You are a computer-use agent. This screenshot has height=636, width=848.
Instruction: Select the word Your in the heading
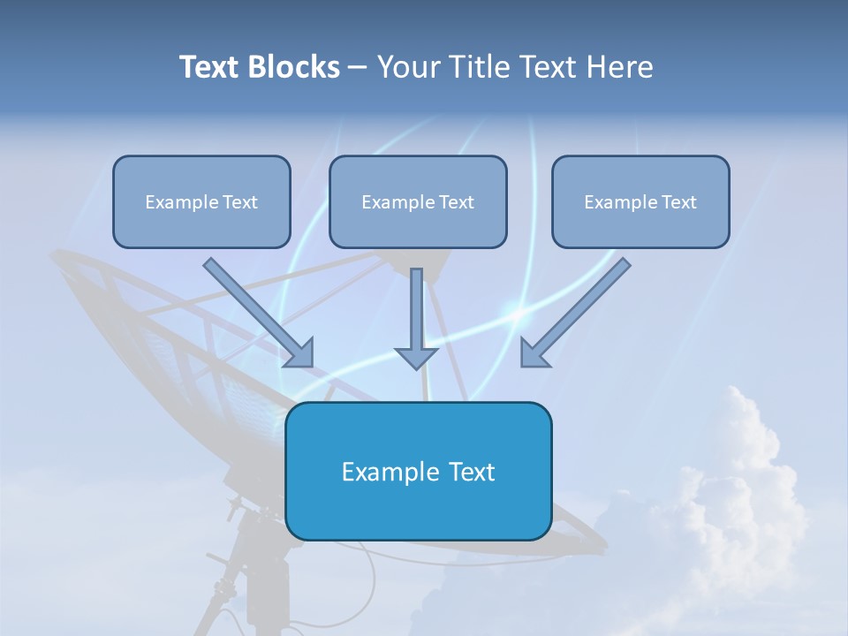pos(408,67)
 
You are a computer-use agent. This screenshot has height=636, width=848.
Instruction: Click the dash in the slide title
pos(358,68)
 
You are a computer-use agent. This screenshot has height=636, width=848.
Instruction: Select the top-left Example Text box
pos(201,201)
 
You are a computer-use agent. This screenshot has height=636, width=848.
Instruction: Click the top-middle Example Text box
pos(418,201)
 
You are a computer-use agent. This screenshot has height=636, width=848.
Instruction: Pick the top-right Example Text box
pos(640,201)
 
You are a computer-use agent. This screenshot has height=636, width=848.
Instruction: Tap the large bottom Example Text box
pos(418,471)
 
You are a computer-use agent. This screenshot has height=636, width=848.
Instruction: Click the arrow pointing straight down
pos(416,318)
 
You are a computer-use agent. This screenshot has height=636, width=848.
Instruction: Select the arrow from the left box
pos(256,311)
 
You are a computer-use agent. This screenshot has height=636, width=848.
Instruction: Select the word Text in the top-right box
pos(679,202)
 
